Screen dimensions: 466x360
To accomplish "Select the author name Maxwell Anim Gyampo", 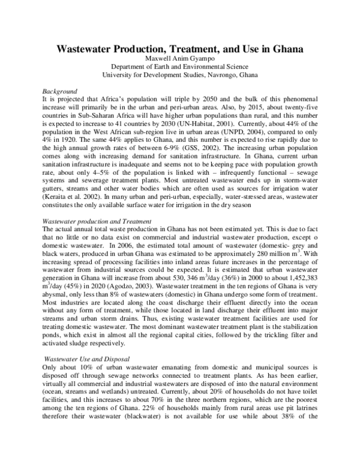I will (x=180, y=59).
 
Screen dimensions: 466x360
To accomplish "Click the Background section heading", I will (x=53, y=90).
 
